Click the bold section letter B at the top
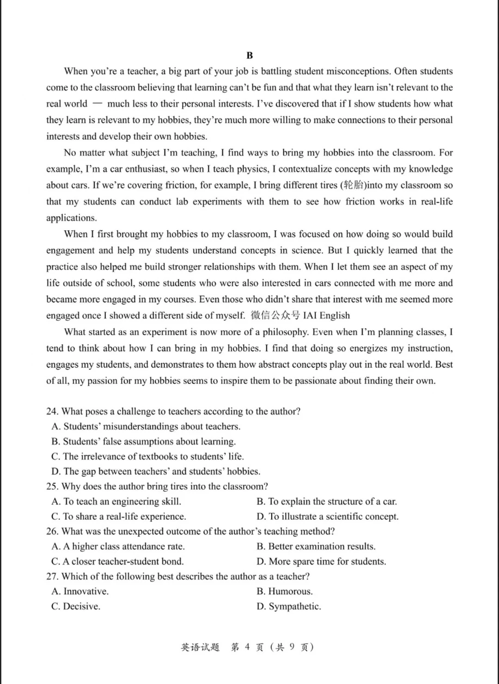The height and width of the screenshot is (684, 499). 249,55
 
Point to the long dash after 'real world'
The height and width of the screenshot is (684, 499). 97,104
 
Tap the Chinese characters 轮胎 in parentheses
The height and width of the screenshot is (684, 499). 354,185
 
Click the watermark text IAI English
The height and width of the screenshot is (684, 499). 326,315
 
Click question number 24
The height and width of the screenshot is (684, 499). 52,412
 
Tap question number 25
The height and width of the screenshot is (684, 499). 52,487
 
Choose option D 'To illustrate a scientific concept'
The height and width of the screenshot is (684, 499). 327,517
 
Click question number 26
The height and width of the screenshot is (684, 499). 52,531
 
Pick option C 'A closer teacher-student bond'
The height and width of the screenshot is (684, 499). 117,561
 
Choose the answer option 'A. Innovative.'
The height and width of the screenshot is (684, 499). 80,592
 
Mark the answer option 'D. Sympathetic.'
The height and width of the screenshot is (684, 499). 289,606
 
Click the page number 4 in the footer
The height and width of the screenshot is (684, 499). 247,647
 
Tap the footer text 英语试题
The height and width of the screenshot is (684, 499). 200,647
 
